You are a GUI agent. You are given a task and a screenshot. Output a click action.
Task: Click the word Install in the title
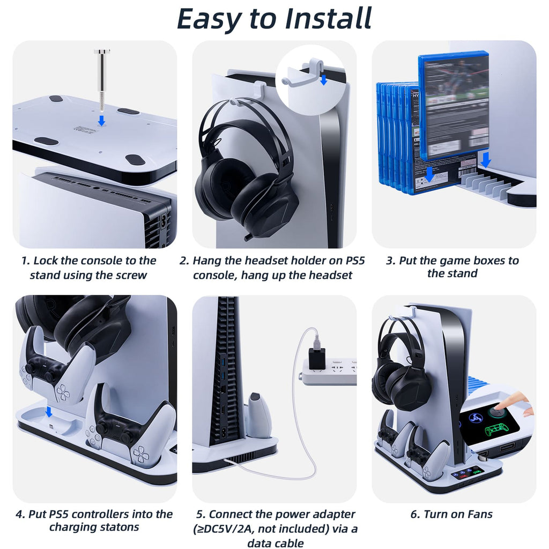[328, 18]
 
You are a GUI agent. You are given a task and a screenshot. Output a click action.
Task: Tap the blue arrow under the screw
[101, 121]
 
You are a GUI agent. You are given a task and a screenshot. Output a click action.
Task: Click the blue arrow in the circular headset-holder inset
[323, 80]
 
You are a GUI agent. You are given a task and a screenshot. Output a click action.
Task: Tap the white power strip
[329, 372]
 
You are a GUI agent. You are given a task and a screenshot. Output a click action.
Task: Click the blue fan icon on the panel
[476, 418]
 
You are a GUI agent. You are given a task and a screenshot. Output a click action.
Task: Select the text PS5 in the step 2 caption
[355, 261]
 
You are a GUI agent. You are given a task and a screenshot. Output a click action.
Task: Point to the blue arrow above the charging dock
[49, 412]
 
